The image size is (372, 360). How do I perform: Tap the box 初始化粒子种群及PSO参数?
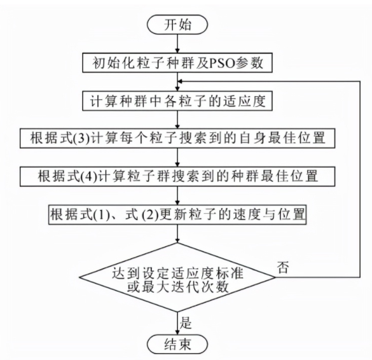click(x=177, y=64)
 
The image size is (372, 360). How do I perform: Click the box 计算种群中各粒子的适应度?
click(x=177, y=100)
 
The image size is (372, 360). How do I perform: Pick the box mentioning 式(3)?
click(x=177, y=137)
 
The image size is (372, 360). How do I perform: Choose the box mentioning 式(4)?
click(x=177, y=175)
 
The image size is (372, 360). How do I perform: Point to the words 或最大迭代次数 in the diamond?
click(x=177, y=286)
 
